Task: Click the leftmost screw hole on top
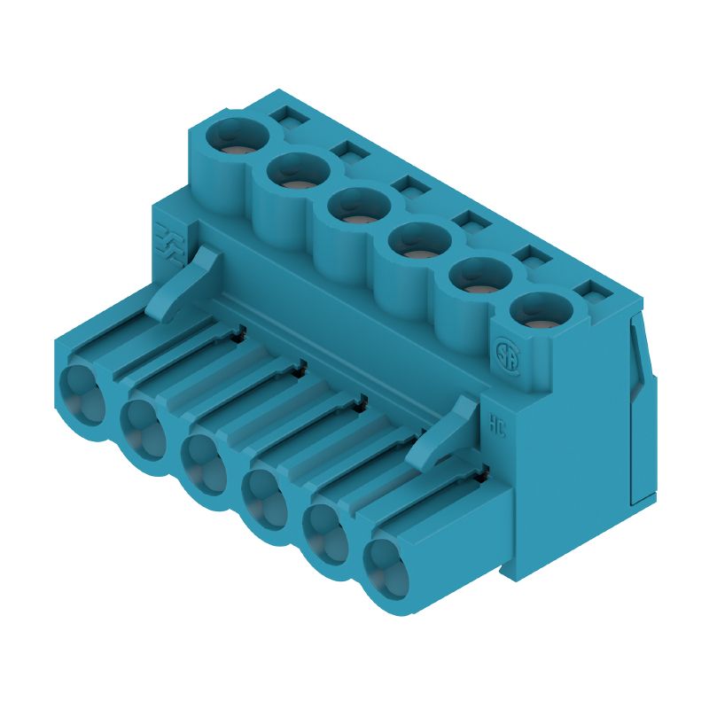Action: point(238,136)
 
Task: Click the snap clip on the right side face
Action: point(640,408)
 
